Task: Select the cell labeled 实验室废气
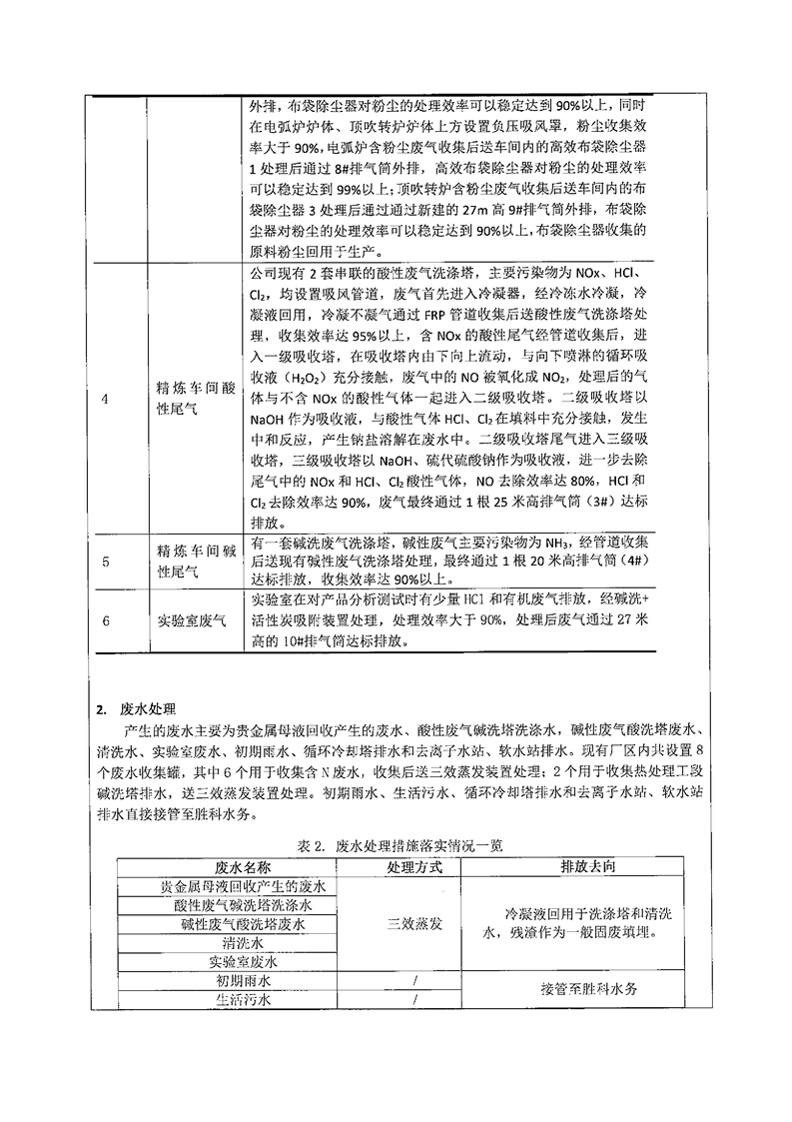pyautogui.click(x=193, y=620)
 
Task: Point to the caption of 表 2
pyautogui.click(x=400, y=844)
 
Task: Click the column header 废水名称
pyautogui.click(x=243, y=865)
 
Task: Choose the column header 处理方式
pyautogui.click(x=413, y=865)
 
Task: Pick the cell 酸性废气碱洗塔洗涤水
pyautogui.click(x=243, y=904)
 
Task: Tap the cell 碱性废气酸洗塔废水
pyautogui.click(x=243, y=924)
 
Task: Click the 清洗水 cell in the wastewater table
pyautogui.click(x=243, y=943)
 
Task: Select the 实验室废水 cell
pyautogui.click(x=243, y=962)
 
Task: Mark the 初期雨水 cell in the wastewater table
pyautogui.click(x=243, y=981)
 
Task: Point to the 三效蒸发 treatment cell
pyautogui.click(x=413, y=924)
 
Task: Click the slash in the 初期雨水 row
pyautogui.click(x=413, y=981)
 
